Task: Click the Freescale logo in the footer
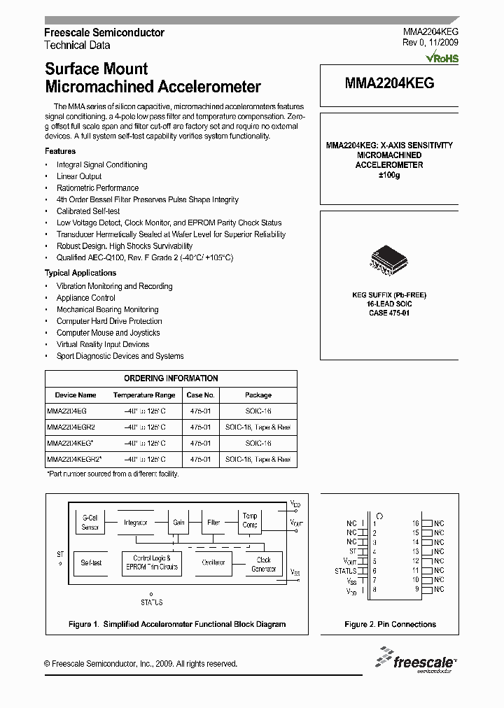(417, 660)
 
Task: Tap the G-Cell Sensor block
(90, 522)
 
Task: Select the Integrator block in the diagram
(135, 523)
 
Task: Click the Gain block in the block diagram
(179, 523)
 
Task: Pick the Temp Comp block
(250, 520)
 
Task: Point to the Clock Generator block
(264, 564)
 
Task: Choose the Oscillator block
(213, 562)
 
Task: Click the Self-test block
(91, 562)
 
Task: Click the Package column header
(258, 395)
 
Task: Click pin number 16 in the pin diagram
(415, 523)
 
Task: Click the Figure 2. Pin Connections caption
(390, 624)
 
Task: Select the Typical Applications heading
(80, 273)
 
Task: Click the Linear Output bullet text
(79, 176)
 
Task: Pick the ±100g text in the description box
(388, 175)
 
